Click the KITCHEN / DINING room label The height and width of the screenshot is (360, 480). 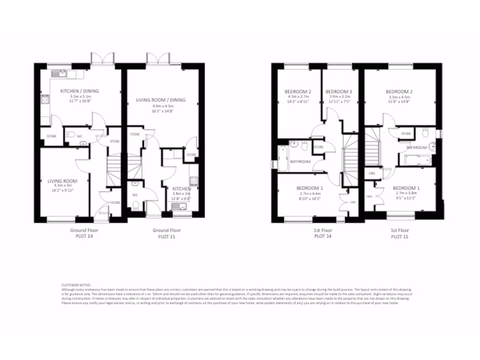(79, 90)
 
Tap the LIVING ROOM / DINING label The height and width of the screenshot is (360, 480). (161, 100)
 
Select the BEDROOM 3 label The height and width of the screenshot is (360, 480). (338, 91)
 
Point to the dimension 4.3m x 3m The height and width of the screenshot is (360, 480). (62, 186)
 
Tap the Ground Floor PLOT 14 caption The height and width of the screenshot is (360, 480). (84, 233)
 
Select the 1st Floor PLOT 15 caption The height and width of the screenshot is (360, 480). (400, 233)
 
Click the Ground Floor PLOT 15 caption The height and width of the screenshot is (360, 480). (166, 233)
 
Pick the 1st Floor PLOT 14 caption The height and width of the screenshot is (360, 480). (322, 233)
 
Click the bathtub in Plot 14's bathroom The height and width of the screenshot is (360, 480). (282, 158)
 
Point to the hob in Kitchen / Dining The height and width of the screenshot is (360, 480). (45, 99)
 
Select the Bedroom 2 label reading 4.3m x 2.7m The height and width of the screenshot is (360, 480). (298, 97)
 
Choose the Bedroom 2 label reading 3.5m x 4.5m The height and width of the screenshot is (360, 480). (399, 97)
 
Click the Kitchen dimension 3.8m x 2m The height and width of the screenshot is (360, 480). (181, 194)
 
